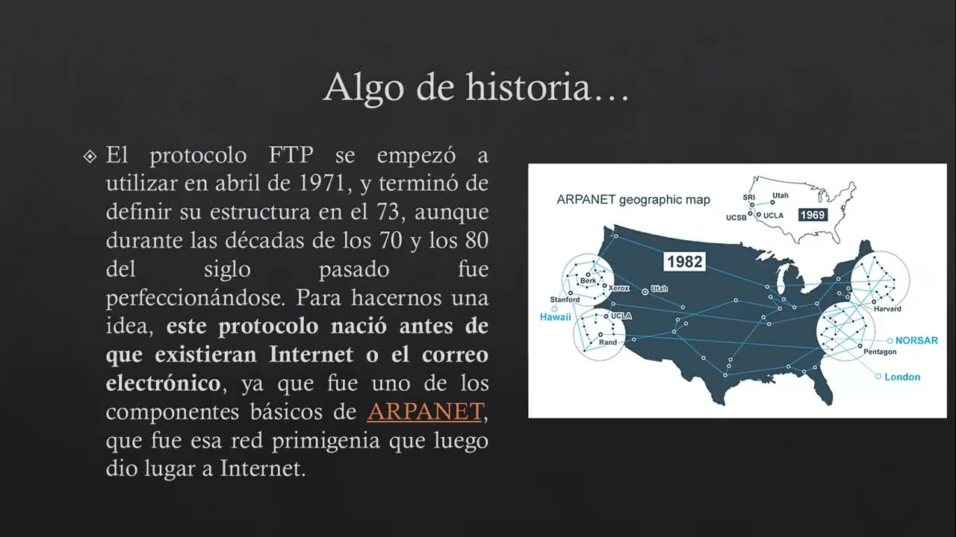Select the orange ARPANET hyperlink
coord(425,412)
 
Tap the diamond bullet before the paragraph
coord(90,157)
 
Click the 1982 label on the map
coord(684,262)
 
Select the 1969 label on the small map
coord(812,215)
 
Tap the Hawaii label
coord(555,317)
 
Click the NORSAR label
coord(916,340)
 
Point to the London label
coord(902,377)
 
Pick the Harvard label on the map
coord(887,309)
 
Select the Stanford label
coord(565,300)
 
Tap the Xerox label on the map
coord(619,288)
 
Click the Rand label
coord(608,342)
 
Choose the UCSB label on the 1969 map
coord(736,218)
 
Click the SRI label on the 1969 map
coord(748,197)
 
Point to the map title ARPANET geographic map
coord(633,200)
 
